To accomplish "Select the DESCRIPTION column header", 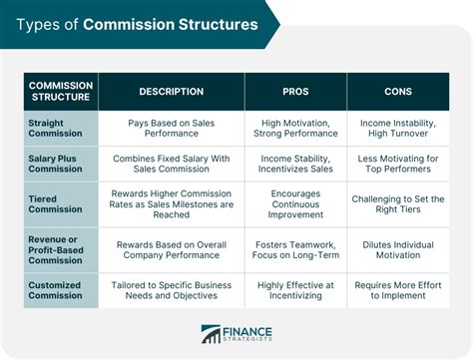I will tap(171, 92).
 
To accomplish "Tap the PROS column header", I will tap(295, 92).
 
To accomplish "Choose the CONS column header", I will tap(398, 92).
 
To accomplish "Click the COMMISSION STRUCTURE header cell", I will tap(62, 92).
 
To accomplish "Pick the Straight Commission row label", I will tap(62, 128).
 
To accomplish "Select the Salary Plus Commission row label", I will tap(62, 164).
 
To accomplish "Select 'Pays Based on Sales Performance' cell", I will tap(171, 128).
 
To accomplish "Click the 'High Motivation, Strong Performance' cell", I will tap(295, 128).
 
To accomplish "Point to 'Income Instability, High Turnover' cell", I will tap(398, 128).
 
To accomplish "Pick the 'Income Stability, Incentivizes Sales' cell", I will tap(295, 164).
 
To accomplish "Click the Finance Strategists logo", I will tap(236, 336).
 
